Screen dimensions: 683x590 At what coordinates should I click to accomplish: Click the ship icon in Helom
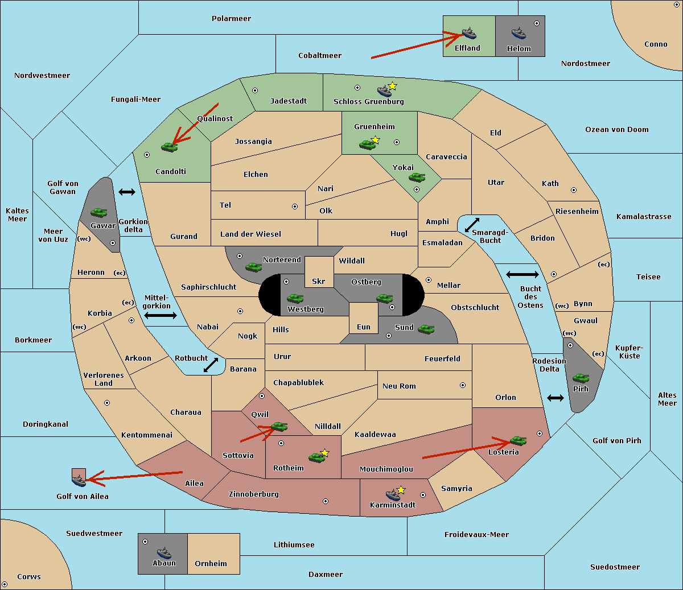tap(519, 33)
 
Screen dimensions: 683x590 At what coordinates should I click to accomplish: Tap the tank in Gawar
tap(99, 212)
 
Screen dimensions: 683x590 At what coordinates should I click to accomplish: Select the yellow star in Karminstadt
tap(401, 489)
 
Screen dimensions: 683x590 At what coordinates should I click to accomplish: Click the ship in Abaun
tap(164, 552)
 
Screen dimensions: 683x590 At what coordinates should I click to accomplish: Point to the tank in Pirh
tap(581, 378)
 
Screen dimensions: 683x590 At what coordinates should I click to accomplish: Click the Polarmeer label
tap(231, 19)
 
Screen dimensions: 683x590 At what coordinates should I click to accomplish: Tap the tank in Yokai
tap(417, 178)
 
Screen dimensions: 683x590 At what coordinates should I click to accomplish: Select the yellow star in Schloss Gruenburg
tap(392, 86)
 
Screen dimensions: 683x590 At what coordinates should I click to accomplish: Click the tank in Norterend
tap(253, 267)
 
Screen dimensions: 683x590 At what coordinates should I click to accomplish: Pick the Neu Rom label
tap(399, 386)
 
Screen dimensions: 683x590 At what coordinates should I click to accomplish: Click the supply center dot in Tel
tap(295, 207)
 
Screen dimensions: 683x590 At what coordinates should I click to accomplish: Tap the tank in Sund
tap(426, 329)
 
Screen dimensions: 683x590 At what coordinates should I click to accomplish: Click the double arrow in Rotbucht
tap(211, 365)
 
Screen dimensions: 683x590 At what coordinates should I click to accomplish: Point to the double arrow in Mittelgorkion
tap(161, 315)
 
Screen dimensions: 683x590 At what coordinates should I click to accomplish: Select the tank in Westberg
tap(295, 298)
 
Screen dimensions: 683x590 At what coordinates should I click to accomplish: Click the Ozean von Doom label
tap(616, 130)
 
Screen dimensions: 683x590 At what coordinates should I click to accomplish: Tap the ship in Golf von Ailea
tap(79, 481)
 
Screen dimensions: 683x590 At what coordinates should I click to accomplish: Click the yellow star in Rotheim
tap(325, 452)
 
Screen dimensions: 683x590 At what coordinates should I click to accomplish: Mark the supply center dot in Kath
tap(574, 190)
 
